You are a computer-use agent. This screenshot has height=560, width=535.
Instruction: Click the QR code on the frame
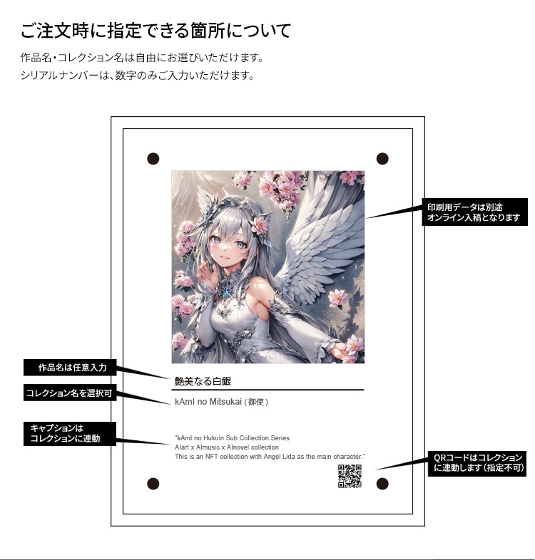350,476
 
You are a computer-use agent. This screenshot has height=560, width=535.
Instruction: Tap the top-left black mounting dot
153,159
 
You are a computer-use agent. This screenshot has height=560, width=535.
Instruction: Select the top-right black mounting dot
382,159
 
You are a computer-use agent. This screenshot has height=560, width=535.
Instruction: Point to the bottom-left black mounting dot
153,484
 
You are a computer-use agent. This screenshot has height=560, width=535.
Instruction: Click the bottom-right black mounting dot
382,484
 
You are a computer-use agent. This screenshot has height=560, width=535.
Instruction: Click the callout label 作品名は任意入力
70,368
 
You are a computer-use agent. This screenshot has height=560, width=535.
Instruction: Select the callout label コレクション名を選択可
70,393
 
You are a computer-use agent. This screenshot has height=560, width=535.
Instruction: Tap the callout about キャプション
70,434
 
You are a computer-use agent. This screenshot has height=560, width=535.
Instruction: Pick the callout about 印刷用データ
474,212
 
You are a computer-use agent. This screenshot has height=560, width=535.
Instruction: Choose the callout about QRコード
477,464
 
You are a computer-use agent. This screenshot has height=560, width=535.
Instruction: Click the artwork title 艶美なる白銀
203,381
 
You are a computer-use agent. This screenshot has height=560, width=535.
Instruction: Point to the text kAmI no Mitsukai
208,402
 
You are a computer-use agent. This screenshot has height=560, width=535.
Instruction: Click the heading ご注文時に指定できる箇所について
156,31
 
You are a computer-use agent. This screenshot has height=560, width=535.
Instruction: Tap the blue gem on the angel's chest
227,293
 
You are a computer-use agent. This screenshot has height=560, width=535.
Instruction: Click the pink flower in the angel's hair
259,225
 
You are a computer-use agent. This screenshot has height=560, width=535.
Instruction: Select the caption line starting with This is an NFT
270,457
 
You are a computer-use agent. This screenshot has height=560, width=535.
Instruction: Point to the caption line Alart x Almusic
227,447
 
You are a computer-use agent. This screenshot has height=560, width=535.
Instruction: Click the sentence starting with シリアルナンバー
138,76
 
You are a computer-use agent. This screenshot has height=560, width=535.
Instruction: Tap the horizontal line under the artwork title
267,390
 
